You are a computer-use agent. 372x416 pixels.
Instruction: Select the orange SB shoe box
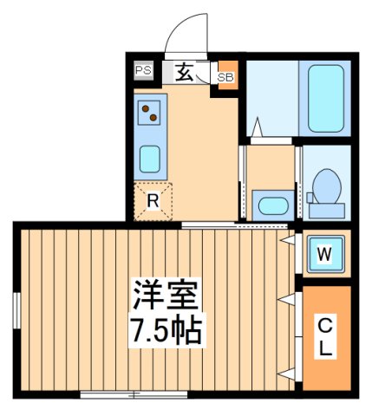pos(225,77)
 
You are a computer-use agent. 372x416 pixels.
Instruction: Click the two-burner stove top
pos(151,112)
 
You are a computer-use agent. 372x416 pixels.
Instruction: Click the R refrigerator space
pos(153,201)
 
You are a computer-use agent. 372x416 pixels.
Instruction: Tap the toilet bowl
pos(325,186)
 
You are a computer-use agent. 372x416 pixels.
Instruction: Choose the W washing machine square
pos(323,254)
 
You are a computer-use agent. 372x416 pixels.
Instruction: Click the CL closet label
pos(323,336)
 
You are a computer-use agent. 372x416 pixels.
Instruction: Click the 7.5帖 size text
pos(166,330)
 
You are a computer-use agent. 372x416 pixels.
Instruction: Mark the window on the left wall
pos(16,311)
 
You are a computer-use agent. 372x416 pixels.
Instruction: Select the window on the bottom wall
pos(134,394)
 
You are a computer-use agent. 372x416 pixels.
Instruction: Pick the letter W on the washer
pos(323,254)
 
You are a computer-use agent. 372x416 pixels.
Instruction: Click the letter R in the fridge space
pos(153,201)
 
